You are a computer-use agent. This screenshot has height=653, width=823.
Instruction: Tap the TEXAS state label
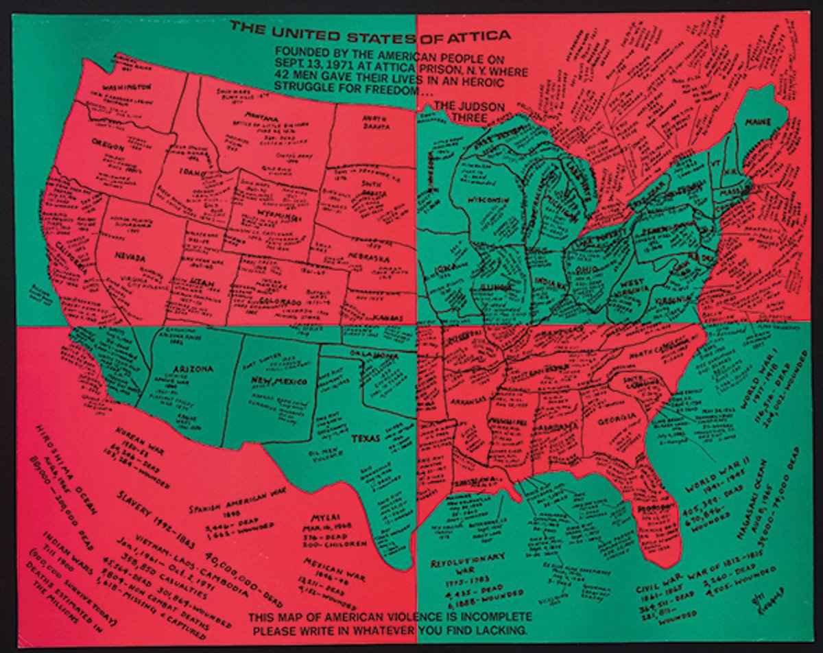click(x=366, y=438)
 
